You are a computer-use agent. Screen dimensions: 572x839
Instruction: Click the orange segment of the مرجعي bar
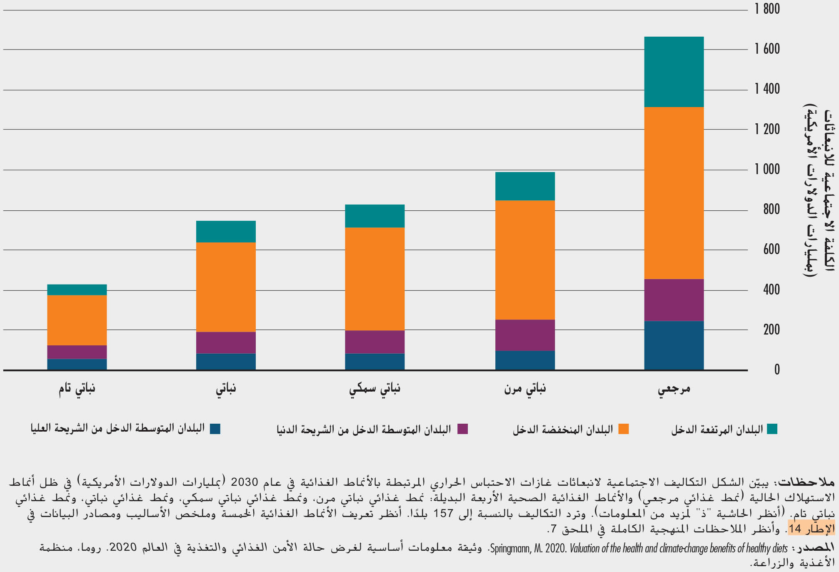pyautogui.click(x=674, y=193)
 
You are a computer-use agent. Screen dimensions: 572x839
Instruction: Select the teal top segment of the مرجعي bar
pyautogui.click(x=674, y=72)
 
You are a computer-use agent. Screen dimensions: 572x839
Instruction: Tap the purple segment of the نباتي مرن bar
pyautogui.click(x=525, y=335)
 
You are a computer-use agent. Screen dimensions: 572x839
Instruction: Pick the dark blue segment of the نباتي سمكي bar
pyautogui.click(x=375, y=361)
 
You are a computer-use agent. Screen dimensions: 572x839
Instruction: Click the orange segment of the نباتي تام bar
pyautogui.click(x=77, y=320)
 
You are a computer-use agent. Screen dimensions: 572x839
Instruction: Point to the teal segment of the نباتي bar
pyautogui.click(x=226, y=231)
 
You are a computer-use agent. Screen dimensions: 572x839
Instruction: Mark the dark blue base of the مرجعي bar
pyautogui.click(x=674, y=345)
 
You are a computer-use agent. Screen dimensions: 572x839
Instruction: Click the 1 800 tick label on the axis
pyautogui.click(x=767, y=9)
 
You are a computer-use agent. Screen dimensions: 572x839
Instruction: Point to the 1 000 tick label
pyautogui.click(x=767, y=169)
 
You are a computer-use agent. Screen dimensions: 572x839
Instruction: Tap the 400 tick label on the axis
pyautogui.click(x=771, y=290)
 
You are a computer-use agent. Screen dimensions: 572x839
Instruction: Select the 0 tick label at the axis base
pyautogui.click(x=777, y=370)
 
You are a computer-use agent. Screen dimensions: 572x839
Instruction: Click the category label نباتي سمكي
pyautogui.click(x=375, y=389)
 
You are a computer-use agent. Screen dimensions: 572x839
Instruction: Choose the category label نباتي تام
pyautogui.click(x=77, y=389)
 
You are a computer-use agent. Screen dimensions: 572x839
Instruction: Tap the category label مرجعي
pyautogui.click(x=674, y=389)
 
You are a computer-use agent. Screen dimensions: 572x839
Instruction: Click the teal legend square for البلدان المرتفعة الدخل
pyautogui.click(x=772, y=429)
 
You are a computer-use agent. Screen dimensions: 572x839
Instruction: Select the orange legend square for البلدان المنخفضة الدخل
pyautogui.click(x=623, y=429)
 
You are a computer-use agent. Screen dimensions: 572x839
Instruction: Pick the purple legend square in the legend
pyautogui.click(x=462, y=429)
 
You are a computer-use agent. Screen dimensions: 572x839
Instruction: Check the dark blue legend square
pyautogui.click(x=215, y=429)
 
